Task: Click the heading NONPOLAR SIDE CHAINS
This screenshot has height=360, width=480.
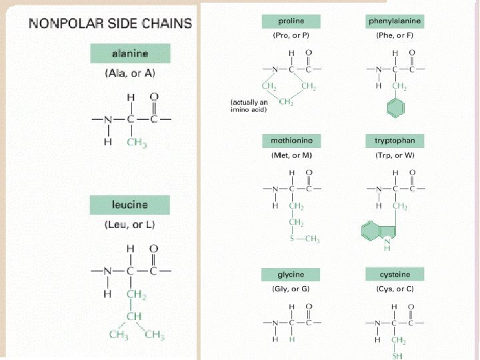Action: (110, 24)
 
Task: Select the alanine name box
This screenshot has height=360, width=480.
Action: (131, 53)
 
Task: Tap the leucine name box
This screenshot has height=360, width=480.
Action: (131, 205)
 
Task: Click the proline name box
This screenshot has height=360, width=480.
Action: (291, 21)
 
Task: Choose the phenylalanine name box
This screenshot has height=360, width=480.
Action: (395, 21)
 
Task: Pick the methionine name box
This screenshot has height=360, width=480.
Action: (291, 141)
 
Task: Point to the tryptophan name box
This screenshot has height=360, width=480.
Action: (395, 141)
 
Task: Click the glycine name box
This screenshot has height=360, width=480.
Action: (291, 275)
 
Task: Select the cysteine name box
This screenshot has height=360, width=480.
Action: (395, 275)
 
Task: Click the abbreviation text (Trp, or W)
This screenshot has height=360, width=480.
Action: (395, 155)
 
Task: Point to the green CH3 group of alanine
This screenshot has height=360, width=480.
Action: (136, 144)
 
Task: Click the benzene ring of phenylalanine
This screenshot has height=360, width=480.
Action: (396, 108)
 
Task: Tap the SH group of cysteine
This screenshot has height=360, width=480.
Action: (398, 356)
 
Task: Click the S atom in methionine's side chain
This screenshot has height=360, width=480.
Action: (292, 239)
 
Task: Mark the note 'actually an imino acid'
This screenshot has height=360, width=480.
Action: (249, 106)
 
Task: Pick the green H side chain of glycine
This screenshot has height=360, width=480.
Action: (291, 339)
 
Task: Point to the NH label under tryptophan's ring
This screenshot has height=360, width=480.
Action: (388, 247)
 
